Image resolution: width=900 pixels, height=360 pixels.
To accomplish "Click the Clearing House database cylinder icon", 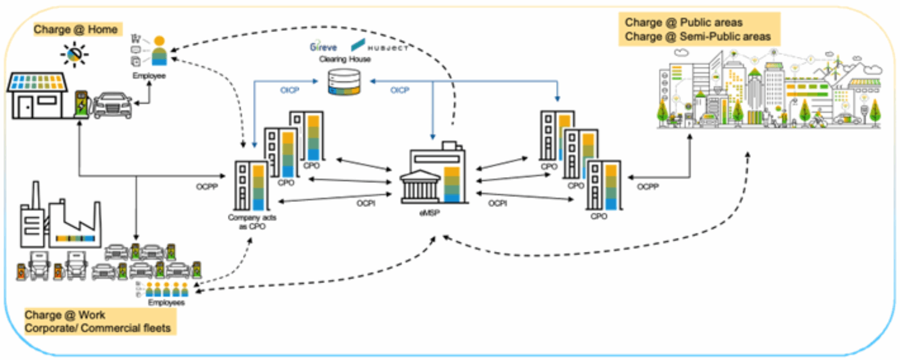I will click(x=344, y=82).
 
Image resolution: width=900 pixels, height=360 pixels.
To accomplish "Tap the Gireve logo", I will click(x=323, y=47).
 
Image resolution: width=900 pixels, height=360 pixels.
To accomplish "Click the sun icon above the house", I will click(x=74, y=55).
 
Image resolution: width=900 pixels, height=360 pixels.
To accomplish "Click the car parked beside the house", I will click(x=112, y=105).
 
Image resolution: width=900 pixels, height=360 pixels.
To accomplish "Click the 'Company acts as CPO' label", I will click(x=252, y=222).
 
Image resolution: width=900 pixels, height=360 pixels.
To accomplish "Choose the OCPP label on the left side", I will click(x=206, y=187).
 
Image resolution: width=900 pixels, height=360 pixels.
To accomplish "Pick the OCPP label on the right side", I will click(x=647, y=187).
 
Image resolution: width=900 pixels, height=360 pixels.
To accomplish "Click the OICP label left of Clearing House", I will click(x=290, y=90).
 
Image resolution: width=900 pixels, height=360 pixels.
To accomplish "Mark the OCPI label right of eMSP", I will click(x=497, y=203).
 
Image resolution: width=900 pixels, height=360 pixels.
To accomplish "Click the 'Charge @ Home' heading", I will click(x=75, y=29).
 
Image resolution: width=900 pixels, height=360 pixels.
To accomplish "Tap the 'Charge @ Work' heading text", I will click(x=65, y=315).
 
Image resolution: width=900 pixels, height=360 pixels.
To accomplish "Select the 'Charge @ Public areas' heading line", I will click(x=683, y=22).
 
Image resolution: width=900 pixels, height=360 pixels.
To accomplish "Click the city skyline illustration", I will click(x=769, y=90).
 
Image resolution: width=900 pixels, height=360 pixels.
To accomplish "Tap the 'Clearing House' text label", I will click(x=345, y=59).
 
